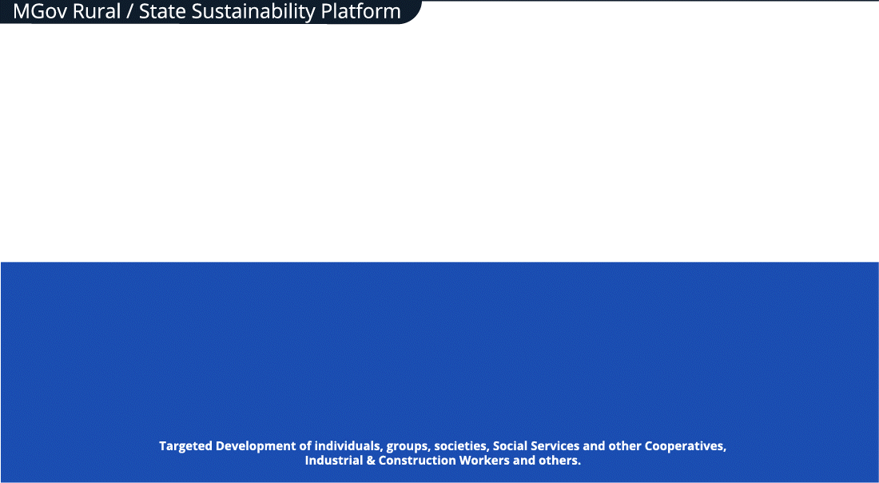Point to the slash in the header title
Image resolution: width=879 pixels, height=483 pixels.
130,12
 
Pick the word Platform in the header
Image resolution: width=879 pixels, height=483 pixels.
361,12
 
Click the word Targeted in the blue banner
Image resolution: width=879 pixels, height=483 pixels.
185,446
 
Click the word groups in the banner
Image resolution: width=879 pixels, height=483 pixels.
408,447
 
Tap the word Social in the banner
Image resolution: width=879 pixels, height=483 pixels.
510,446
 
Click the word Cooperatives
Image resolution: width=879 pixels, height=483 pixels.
686,446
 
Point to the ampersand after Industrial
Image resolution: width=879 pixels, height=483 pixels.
371,461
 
